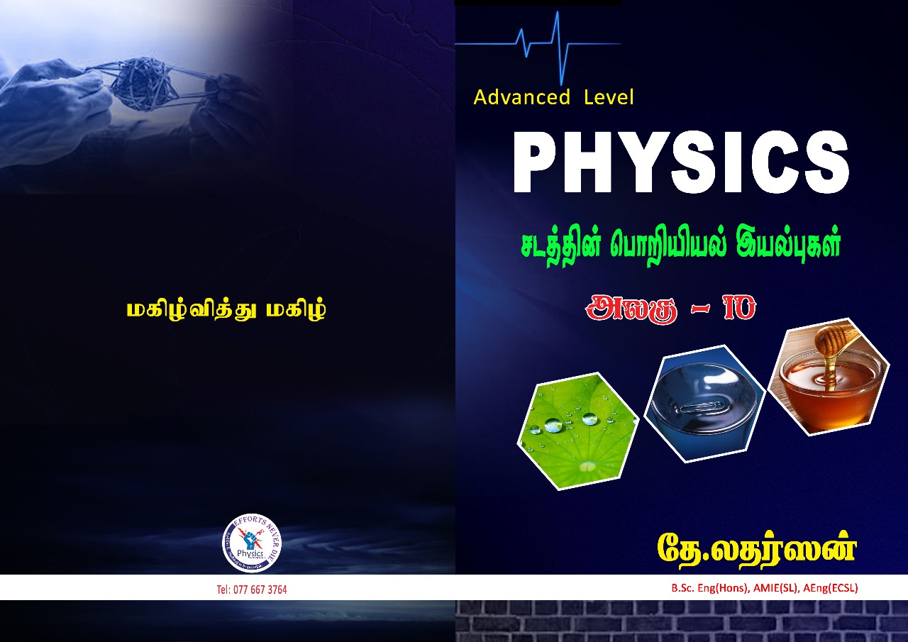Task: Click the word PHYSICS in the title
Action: [x=681, y=162]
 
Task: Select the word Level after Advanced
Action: [x=609, y=97]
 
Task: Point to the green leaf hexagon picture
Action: [x=577, y=430]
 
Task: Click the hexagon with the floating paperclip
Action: [x=704, y=402]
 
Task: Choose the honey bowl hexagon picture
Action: [x=829, y=376]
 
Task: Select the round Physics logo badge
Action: [x=252, y=543]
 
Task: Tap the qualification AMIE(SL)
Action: [x=773, y=588]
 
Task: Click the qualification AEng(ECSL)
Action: [x=831, y=588]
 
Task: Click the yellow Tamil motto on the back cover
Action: [x=226, y=311]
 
